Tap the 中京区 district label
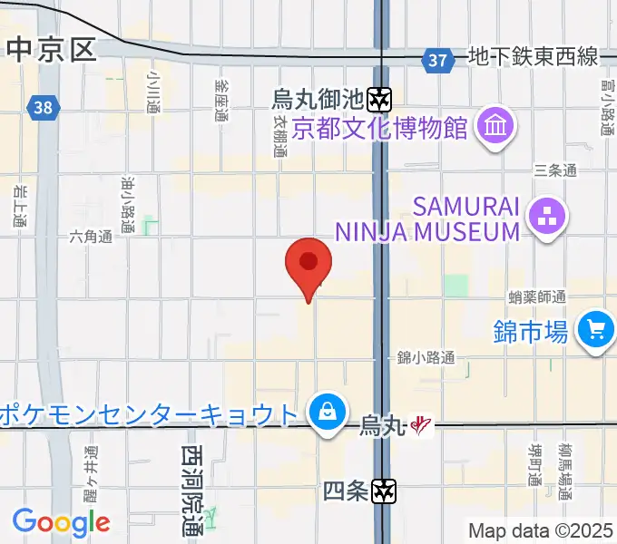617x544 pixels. [51, 49]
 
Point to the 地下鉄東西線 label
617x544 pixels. [534, 58]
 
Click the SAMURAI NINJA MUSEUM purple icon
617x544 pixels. [548, 217]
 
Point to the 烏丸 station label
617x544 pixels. [381, 423]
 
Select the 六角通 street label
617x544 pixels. [92, 237]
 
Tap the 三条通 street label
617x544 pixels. [555, 170]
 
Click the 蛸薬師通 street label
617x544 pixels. [537, 296]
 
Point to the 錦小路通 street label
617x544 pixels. [426, 356]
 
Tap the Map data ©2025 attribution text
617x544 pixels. [541, 530]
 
